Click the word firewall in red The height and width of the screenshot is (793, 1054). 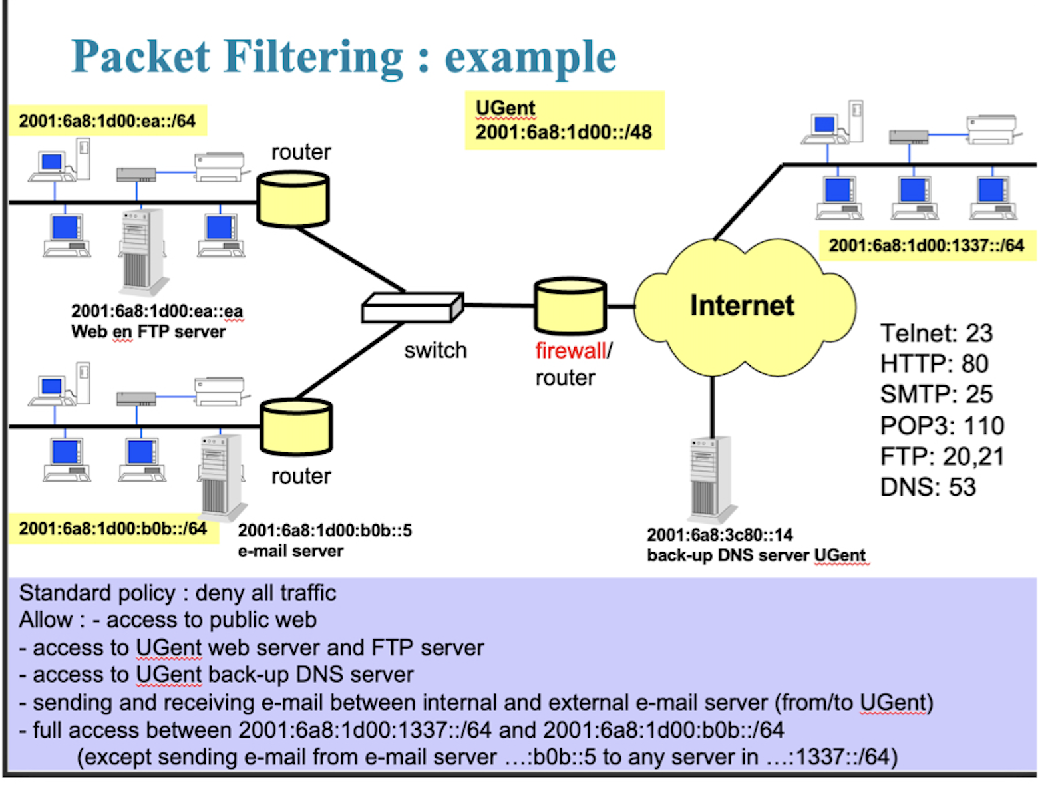570,351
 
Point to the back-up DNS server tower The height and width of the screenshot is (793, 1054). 711,478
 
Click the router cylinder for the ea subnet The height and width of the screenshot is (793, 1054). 293,200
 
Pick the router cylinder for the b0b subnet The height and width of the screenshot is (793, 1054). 296,427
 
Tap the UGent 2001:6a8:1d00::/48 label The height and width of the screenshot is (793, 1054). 564,120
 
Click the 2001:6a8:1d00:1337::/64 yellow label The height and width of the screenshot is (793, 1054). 926,245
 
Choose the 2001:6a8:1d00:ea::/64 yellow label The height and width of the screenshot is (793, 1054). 107,121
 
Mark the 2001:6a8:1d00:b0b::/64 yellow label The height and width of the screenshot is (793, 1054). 112,529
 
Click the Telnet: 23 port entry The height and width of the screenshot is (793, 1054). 936,333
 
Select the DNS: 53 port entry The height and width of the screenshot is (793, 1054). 928,488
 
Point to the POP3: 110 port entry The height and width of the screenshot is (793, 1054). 942,426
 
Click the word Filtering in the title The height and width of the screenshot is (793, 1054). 313,57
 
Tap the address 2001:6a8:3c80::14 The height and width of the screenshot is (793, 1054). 719,535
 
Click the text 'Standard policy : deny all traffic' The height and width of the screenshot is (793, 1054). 178,593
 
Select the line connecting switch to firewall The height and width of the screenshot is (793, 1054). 499,305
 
